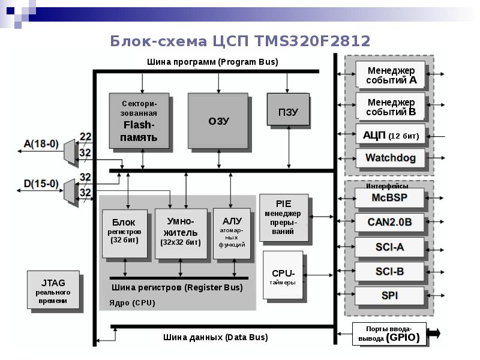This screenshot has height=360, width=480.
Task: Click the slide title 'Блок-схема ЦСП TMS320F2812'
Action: point(240,41)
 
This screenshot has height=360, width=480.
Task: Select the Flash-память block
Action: point(139,120)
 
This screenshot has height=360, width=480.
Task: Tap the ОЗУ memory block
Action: point(218,120)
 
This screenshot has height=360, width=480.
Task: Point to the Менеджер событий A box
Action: point(390,74)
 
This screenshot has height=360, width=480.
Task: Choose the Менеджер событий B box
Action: point(390,106)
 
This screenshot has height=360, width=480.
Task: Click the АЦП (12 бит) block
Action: point(390,136)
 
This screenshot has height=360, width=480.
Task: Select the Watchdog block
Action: point(390,159)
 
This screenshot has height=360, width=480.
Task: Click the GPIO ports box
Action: point(389,333)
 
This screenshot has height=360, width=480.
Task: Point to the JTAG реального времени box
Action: point(53,289)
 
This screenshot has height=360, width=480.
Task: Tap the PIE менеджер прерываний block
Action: point(283,217)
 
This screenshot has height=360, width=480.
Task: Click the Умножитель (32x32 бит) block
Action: point(180,233)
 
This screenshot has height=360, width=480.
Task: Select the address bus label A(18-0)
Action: point(41,143)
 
